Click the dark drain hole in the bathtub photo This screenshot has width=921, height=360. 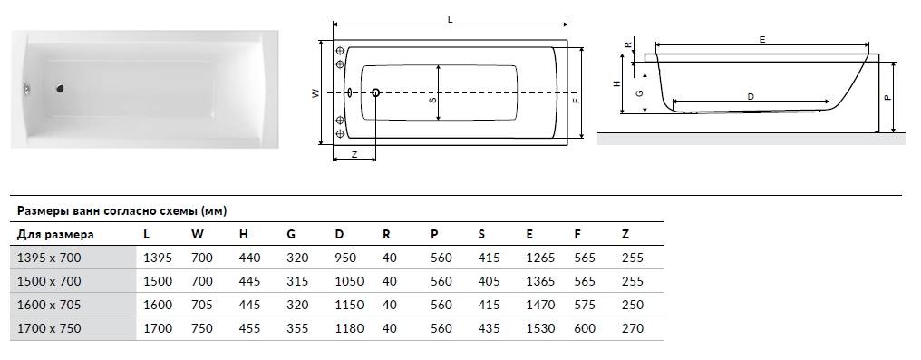click(x=59, y=89)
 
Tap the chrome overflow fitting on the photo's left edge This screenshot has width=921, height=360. click(x=27, y=89)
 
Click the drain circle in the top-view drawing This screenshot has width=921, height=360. click(x=376, y=92)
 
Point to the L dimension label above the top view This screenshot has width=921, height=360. click(x=450, y=19)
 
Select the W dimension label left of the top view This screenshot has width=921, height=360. click(x=315, y=92)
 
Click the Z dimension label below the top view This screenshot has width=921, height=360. click(x=354, y=154)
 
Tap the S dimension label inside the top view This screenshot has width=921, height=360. click(x=432, y=101)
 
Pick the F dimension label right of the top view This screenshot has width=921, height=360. click(x=577, y=100)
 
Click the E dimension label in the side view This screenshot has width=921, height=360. click(x=762, y=39)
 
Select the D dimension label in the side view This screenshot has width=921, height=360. click(x=751, y=96)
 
